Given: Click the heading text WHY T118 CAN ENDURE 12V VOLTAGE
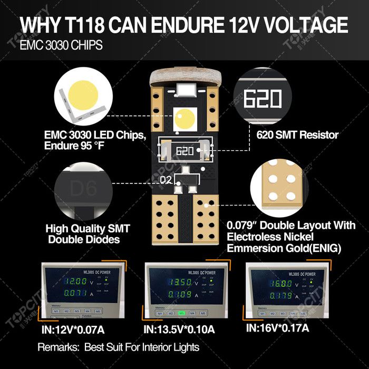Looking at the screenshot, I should coord(184,25).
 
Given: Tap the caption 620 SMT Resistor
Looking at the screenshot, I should coord(297,135).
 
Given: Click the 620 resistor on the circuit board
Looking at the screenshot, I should coord(184,150).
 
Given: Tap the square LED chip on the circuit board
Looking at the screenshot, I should coord(184,118).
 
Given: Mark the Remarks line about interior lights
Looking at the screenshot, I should coord(118,347).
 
